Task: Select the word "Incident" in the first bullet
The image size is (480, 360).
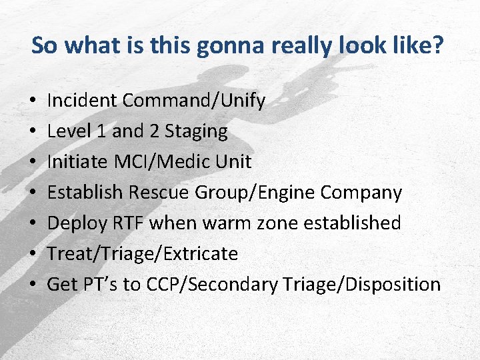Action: (x=83, y=101)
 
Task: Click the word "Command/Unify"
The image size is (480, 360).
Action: (x=194, y=101)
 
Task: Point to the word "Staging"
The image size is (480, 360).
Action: (x=196, y=131)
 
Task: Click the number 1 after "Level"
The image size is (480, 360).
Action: (x=100, y=131)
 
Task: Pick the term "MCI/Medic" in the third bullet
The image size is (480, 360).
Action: (x=151, y=162)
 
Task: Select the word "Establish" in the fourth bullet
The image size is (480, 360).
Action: (x=85, y=193)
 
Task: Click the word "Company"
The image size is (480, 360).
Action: (x=361, y=193)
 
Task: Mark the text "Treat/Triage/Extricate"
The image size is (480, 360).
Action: (x=143, y=254)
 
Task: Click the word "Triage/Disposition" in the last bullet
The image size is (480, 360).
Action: (x=361, y=285)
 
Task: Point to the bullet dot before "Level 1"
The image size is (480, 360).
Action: (x=33, y=132)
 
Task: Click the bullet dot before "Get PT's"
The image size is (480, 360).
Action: (x=33, y=285)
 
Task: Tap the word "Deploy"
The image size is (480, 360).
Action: (x=74, y=223)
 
